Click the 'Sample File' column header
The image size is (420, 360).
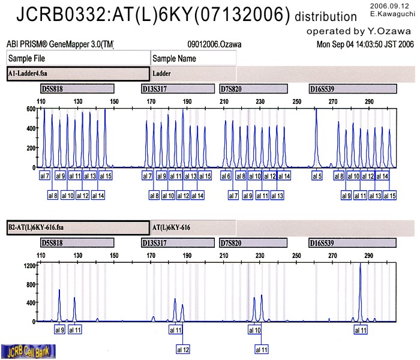pos(78,58)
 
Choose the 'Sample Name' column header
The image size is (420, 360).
pos(193,58)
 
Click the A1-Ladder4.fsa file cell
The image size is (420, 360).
pos(77,74)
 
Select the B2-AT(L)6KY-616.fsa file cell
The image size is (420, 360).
pos(77,228)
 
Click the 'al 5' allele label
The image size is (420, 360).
pos(317,176)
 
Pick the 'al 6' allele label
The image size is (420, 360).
pos(226,176)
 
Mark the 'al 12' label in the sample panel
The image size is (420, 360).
pos(183,349)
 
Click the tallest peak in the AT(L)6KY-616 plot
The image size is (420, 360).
pos(360,265)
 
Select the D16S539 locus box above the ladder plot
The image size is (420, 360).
pos(352,89)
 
